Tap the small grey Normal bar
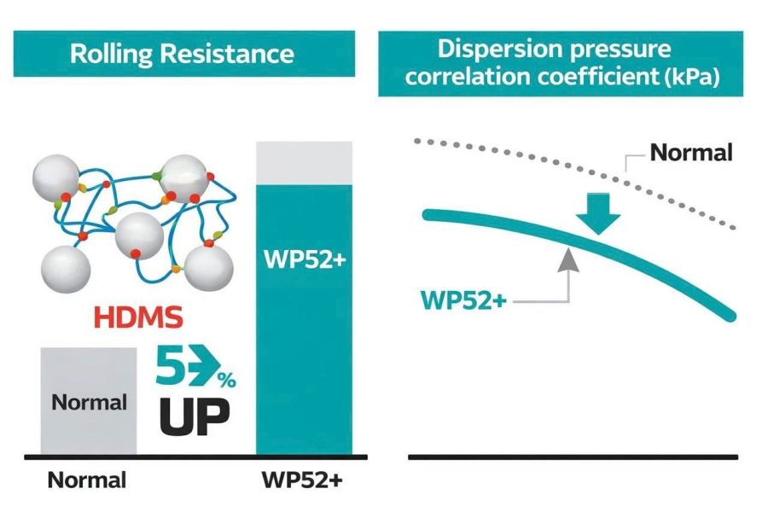pos(88,400)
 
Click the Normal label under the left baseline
pos(86,480)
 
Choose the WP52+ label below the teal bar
pos(304,480)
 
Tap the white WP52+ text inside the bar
pos(304,258)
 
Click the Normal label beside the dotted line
pos(691,154)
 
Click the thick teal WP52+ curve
pos(649,273)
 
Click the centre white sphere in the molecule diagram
pos(138,235)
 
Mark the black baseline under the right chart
pos(573,457)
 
